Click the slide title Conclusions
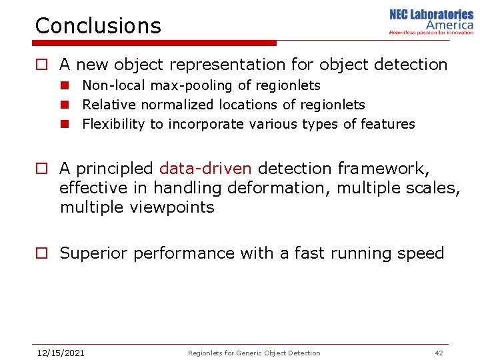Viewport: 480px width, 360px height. click(x=98, y=26)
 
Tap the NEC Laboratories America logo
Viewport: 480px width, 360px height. click(x=431, y=22)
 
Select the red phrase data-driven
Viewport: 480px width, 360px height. click(x=205, y=169)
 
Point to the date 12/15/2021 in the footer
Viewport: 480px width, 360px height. click(x=61, y=353)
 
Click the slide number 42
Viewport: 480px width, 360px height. click(x=438, y=353)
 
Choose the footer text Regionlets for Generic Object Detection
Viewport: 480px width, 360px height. click(x=254, y=353)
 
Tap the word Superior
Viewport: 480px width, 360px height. click(x=94, y=253)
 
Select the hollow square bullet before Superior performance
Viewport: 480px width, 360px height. click(x=42, y=253)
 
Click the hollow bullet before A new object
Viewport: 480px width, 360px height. click(x=42, y=65)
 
